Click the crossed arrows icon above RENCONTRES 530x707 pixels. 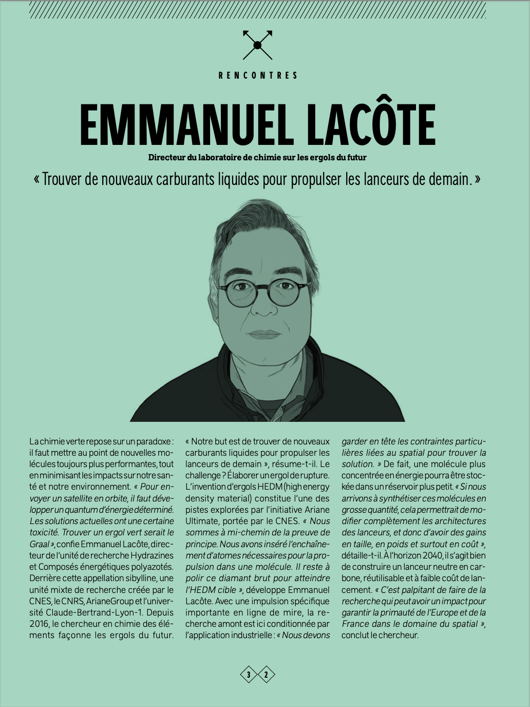pyautogui.click(x=258, y=45)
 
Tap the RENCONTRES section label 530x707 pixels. pyautogui.click(x=258, y=75)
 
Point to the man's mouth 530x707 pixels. pyautogui.click(x=263, y=334)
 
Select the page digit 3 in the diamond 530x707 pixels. pyautogui.click(x=249, y=675)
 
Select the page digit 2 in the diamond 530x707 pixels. pyautogui.click(x=266, y=675)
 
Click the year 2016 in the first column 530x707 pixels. pyautogui.click(x=40, y=624)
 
